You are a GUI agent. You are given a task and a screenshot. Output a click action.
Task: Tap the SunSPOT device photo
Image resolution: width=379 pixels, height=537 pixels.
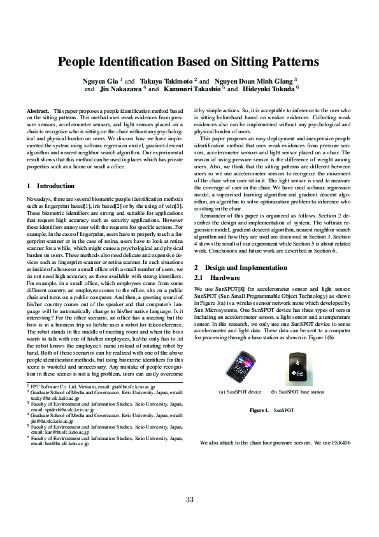239,366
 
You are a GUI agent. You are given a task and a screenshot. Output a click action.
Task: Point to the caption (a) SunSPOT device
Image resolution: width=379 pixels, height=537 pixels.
240,392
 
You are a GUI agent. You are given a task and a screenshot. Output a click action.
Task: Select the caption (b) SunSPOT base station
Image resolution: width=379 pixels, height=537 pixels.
297,392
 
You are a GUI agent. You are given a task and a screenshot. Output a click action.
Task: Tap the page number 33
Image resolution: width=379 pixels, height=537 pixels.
189,499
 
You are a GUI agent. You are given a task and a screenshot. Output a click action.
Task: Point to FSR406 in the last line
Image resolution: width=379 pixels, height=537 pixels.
342,442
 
